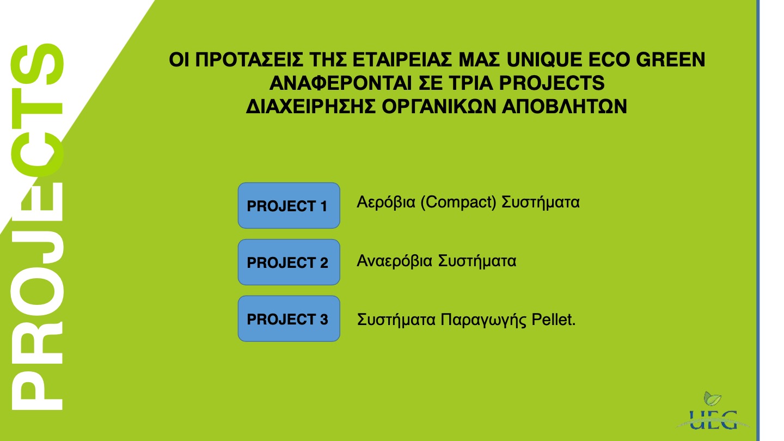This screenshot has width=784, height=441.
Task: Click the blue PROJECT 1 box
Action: (x=289, y=205)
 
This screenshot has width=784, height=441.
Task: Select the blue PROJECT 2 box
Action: (x=289, y=262)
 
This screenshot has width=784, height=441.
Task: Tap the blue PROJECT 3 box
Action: (x=289, y=318)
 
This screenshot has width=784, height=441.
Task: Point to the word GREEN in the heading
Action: (x=670, y=59)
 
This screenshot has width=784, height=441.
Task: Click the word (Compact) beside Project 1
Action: (x=458, y=203)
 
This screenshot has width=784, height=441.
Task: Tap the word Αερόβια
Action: (x=385, y=203)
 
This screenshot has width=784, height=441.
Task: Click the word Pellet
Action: (x=553, y=320)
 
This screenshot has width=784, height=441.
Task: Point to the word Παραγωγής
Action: (x=483, y=320)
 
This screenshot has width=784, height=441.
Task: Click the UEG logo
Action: (x=713, y=411)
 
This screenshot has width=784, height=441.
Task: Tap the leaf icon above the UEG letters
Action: (x=713, y=399)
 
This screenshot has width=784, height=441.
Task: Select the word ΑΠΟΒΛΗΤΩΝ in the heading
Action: (x=564, y=106)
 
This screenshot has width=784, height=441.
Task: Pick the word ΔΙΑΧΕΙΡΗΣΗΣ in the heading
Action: (x=311, y=106)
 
